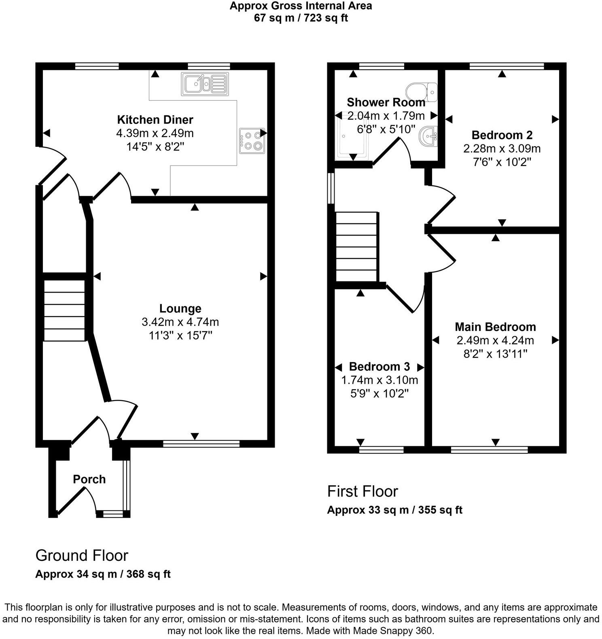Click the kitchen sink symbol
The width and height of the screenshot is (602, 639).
point(205,84)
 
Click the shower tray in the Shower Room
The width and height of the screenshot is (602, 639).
point(352,138)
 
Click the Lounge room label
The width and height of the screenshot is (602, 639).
point(180,309)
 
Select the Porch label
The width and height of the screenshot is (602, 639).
point(89,479)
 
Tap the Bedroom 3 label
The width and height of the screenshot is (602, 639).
point(379,367)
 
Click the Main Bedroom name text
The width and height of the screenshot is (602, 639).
point(495,327)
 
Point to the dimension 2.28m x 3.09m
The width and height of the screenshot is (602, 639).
point(502,149)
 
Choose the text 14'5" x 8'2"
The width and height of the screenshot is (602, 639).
point(155,146)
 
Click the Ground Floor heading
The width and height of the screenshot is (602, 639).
point(82,556)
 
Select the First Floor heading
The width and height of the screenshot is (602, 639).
point(362,492)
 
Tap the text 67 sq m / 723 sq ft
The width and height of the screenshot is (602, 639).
point(301,18)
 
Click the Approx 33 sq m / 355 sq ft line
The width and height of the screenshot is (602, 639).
point(394,510)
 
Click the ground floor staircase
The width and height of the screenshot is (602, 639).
point(64,310)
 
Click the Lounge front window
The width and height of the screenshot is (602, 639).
point(201,444)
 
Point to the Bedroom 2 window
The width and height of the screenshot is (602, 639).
point(507,66)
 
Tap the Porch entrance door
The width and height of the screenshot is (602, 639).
point(71,501)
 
